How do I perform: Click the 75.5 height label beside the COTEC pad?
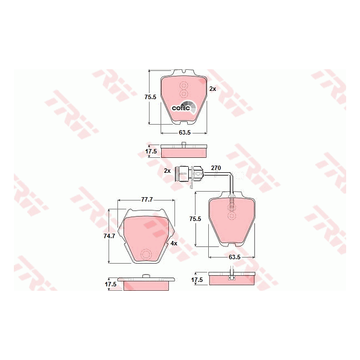pyautogui.click(x=151, y=97)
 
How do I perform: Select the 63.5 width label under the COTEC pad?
pyautogui.click(x=184, y=133)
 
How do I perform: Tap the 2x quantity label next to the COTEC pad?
pyautogui.click(x=212, y=89)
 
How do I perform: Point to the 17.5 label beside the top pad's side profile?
pyautogui.click(x=151, y=151)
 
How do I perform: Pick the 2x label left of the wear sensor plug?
pyautogui.click(x=167, y=171)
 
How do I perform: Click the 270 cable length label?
pyautogui.click(x=216, y=168)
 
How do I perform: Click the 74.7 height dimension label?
pyautogui.click(x=110, y=236)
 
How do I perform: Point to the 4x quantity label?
pyautogui.click(x=173, y=243)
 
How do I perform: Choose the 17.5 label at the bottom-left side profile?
pyautogui.click(x=111, y=284)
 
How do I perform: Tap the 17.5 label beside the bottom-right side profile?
pyautogui.click(x=197, y=280)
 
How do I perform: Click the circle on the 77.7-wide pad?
pyautogui.click(x=147, y=255)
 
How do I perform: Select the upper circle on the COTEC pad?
pyautogui.click(x=184, y=85)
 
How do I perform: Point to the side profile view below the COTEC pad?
pyautogui.click(x=184, y=151)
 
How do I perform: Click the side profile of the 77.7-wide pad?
pyautogui.click(x=147, y=282)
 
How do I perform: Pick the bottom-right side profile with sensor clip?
pyautogui.click(x=233, y=278)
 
